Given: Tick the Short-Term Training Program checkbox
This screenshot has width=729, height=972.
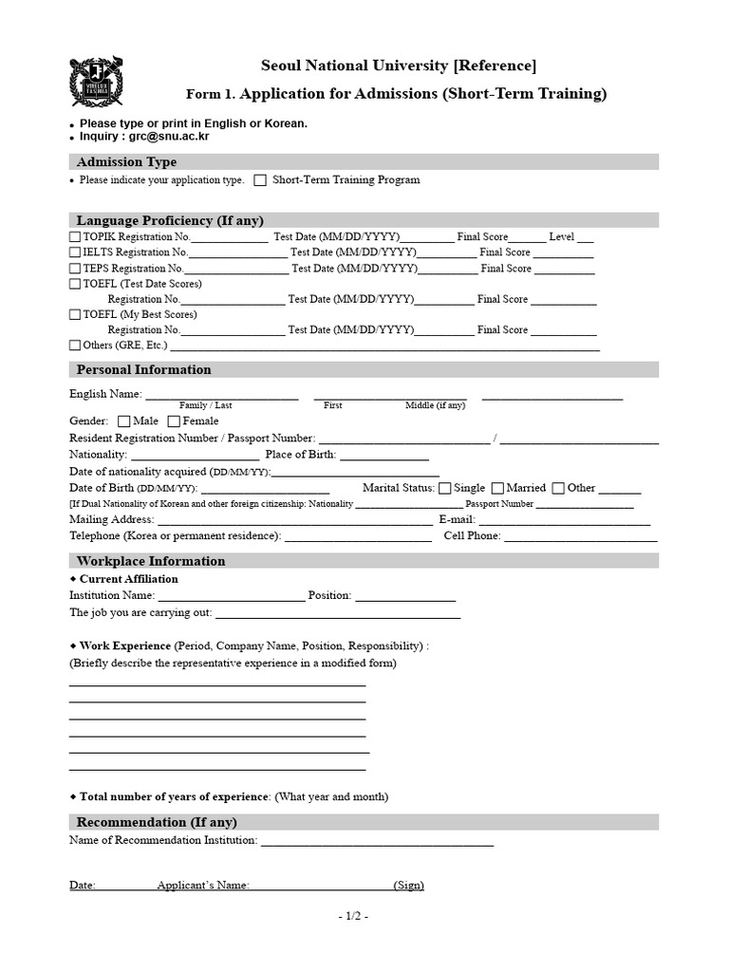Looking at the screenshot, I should point(259,180).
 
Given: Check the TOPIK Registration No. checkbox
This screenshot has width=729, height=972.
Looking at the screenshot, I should point(75,237).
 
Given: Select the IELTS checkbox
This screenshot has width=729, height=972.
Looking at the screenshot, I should point(75,253).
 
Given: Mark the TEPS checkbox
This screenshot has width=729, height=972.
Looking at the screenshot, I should point(75,269).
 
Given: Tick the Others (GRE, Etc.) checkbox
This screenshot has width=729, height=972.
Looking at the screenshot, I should point(75,346).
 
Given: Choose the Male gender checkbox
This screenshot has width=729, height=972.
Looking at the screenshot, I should point(124,421).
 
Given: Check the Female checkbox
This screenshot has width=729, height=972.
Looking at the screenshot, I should point(174,421).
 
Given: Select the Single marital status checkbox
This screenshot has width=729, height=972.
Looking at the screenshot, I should point(445,489).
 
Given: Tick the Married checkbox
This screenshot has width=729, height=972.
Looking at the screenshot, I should point(498,489).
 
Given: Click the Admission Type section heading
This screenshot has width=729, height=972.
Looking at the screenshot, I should point(126,162).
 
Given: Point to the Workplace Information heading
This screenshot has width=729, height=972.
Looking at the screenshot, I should point(151,561).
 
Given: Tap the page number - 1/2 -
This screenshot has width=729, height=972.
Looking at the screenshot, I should point(352,916).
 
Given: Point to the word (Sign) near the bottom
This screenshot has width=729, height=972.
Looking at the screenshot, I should point(410,886).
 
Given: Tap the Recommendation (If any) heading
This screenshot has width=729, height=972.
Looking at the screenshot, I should point(157,822).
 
